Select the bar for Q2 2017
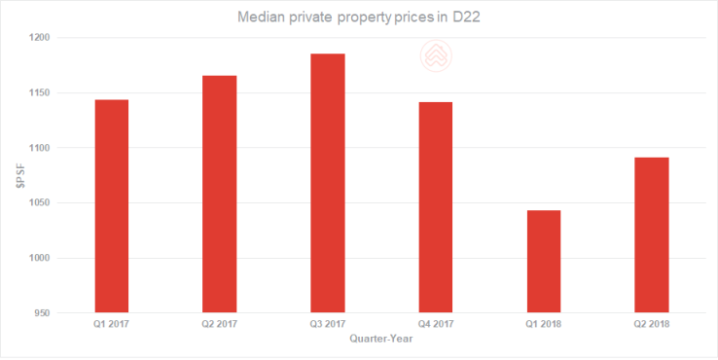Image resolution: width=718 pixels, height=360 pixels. tap(219, 195)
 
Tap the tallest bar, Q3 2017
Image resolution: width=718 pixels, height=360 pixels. tap(327, 184)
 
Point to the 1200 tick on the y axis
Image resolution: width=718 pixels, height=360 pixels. tap(40, 38)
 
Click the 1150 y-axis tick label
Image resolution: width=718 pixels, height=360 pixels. tap(40, 93)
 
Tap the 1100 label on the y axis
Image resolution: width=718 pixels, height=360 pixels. tap(40, 148)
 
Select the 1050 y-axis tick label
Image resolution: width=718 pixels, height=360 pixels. tap(40, 203)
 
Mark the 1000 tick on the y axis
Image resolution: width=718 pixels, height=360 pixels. tap(40, 258)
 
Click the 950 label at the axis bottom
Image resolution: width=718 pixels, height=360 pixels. tap(43, 313)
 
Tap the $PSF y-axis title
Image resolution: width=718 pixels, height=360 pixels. tap(19, 175)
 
